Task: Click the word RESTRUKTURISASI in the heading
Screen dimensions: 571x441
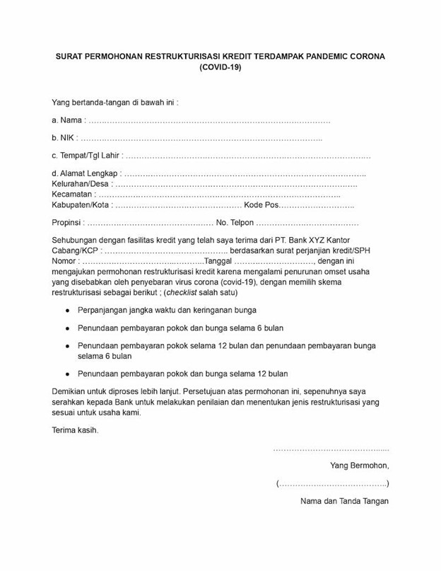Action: pos(185,55)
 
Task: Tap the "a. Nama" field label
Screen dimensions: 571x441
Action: pos(67,120)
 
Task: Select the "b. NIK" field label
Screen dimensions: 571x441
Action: pos(64,137)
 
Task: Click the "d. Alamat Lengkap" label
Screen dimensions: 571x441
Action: pos(86,173)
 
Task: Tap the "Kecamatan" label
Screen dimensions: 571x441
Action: pos(72,195)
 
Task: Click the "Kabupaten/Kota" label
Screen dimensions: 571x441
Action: pos(81,205)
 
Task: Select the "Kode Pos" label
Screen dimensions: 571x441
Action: pos(261,205)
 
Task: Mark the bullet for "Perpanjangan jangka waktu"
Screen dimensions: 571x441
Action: pos(67,311)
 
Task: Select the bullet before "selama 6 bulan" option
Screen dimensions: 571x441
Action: pos(67,328)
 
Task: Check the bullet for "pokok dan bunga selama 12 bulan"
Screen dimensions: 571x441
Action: pos(67,374)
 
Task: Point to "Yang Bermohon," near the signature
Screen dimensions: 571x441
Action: pos(359,466)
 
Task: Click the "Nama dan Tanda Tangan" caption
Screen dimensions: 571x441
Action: pos(344,502)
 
